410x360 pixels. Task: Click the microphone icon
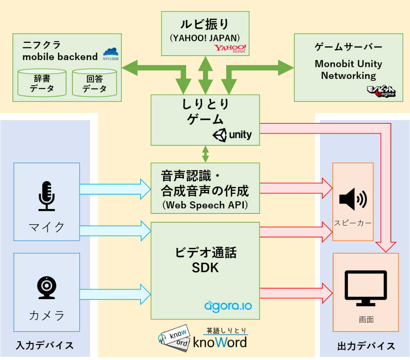click(x=46, y=196)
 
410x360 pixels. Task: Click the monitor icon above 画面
click(x=366, y=288)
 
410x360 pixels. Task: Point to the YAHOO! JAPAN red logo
click(x=230, y=49)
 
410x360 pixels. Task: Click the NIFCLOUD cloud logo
click(x=111, y=52)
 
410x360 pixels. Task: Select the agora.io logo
click(x=228, y=307)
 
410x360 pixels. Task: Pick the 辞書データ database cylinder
click(x=42, y=82)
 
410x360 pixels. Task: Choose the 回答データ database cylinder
click(x=94, y=82)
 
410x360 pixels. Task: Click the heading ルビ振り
click(x=205, y=24)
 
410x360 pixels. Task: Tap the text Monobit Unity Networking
click(x=348, y=69)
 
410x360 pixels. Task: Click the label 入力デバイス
click(x=45, y=345)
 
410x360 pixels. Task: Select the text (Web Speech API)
click(x=205, y=205)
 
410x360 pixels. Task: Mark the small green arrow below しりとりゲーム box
click(x=205, y=154)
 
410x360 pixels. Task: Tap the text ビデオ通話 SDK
click(x=205, y=260)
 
